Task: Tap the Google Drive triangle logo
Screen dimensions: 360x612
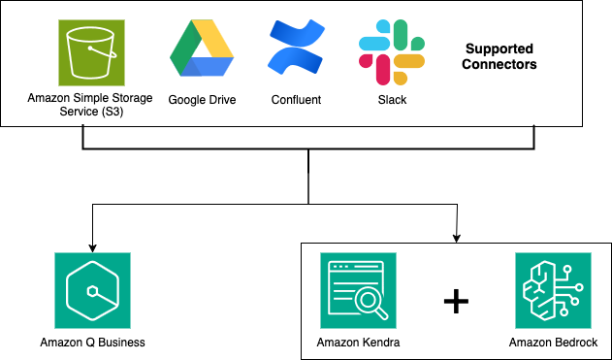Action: pos(203,49)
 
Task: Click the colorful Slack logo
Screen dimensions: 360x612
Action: pos(392,49)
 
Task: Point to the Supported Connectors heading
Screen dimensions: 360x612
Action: pos(500,56)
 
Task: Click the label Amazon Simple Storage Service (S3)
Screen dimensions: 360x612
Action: pos(91,104)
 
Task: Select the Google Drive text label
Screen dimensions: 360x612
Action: pos(203,99)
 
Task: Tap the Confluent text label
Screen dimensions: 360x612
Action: pos(298,99)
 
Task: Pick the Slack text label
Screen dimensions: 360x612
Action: pos(392,99)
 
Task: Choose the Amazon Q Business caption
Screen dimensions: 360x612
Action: pos(93,342)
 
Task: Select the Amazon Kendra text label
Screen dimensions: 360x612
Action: pos(357,343)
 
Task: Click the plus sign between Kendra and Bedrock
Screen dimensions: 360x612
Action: pos(456,301)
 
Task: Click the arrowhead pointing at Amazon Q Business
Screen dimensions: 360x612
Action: pos(93,244)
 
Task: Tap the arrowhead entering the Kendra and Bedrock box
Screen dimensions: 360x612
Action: pos(456,236)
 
